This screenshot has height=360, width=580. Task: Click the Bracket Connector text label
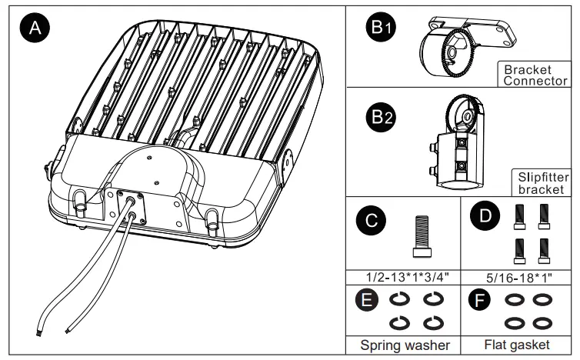coord(535,75)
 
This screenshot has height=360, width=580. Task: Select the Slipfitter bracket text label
coord(541,183)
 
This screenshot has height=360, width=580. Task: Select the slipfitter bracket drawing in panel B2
coord(460,142)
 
